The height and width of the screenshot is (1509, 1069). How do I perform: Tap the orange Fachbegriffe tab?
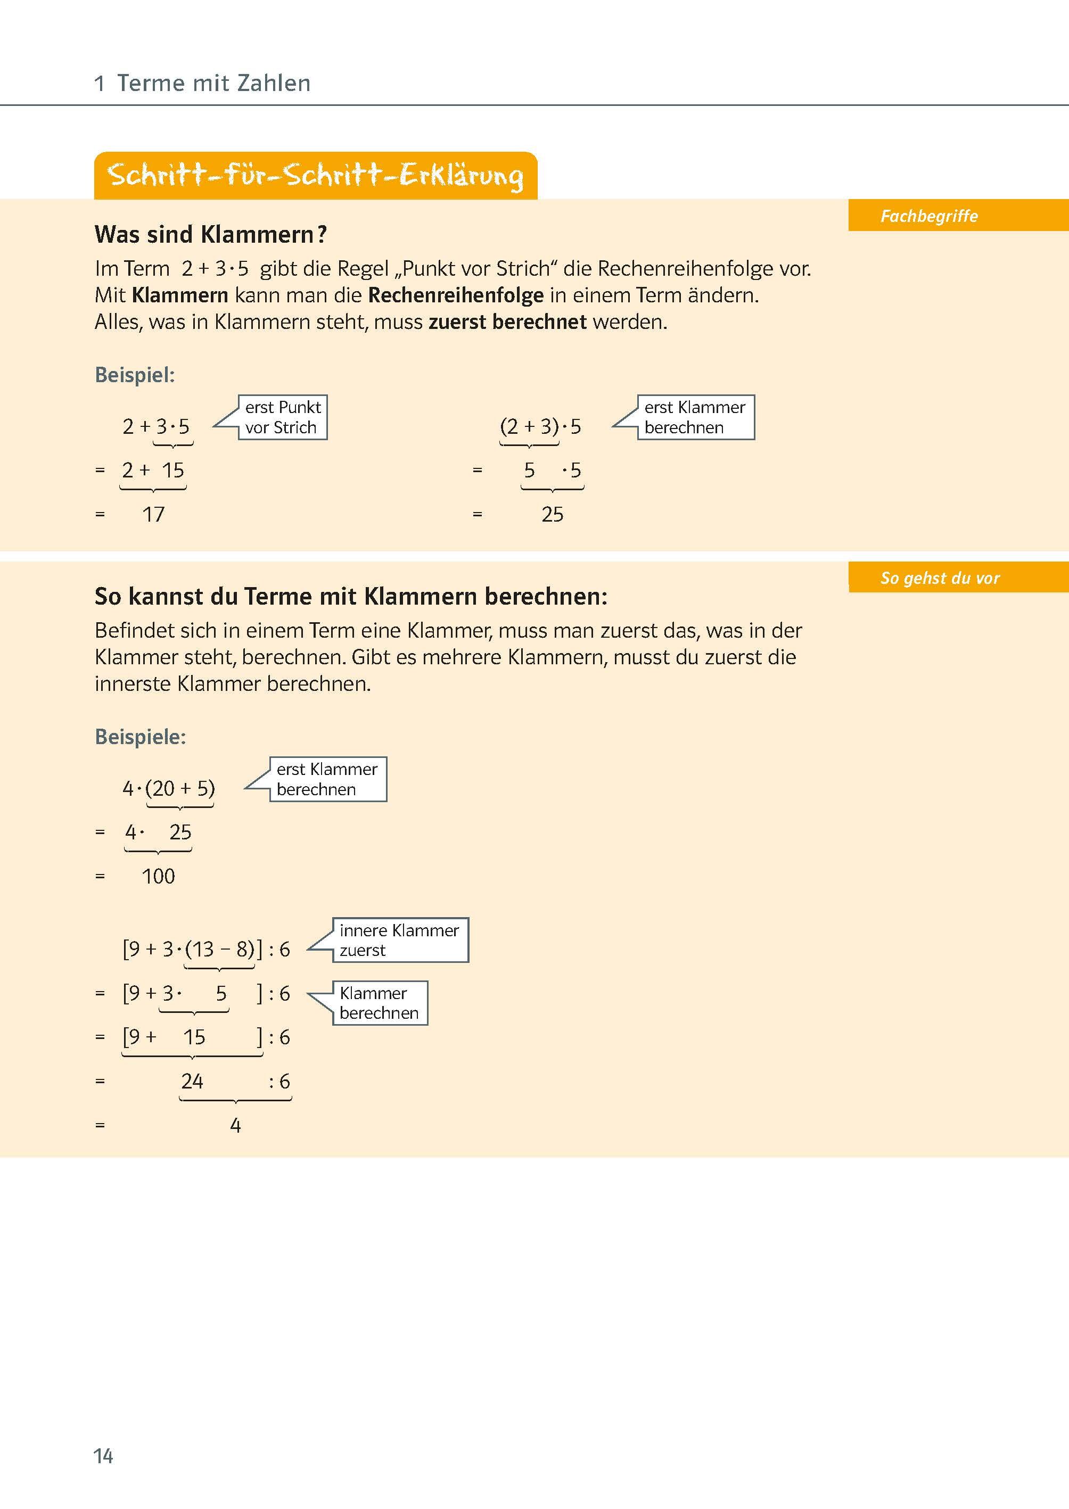click(929, 216)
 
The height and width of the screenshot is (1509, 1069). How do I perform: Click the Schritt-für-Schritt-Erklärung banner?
click(315, 176)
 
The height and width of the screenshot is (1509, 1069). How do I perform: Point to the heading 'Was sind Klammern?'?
click(211, 234)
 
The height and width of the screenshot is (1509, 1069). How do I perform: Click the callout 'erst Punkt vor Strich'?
click(282, 417)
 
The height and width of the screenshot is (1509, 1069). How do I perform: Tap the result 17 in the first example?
click(153, 514)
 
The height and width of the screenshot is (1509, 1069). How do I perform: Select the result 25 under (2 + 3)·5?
click(552, 514)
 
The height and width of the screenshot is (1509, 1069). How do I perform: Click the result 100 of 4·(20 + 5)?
click(159, 876)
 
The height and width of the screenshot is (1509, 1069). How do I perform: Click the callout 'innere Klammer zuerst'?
click(400, 940)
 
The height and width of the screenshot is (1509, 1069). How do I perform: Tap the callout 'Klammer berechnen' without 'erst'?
click(379, 1003)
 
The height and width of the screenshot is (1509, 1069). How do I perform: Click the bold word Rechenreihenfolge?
click(456, 295)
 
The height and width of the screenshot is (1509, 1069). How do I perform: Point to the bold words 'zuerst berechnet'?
click(507, 322)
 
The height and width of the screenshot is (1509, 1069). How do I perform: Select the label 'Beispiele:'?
click(140, 736)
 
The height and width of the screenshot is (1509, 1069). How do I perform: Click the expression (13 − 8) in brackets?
click(220, 949)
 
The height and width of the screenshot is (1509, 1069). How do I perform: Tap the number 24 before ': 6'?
click(192, 1081)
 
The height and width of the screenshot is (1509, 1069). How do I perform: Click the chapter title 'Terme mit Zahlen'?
click(213, 84)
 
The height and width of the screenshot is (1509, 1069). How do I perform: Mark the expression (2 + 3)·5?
click(540, 426)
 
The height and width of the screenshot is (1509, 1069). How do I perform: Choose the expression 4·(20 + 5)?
click(169, 788)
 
